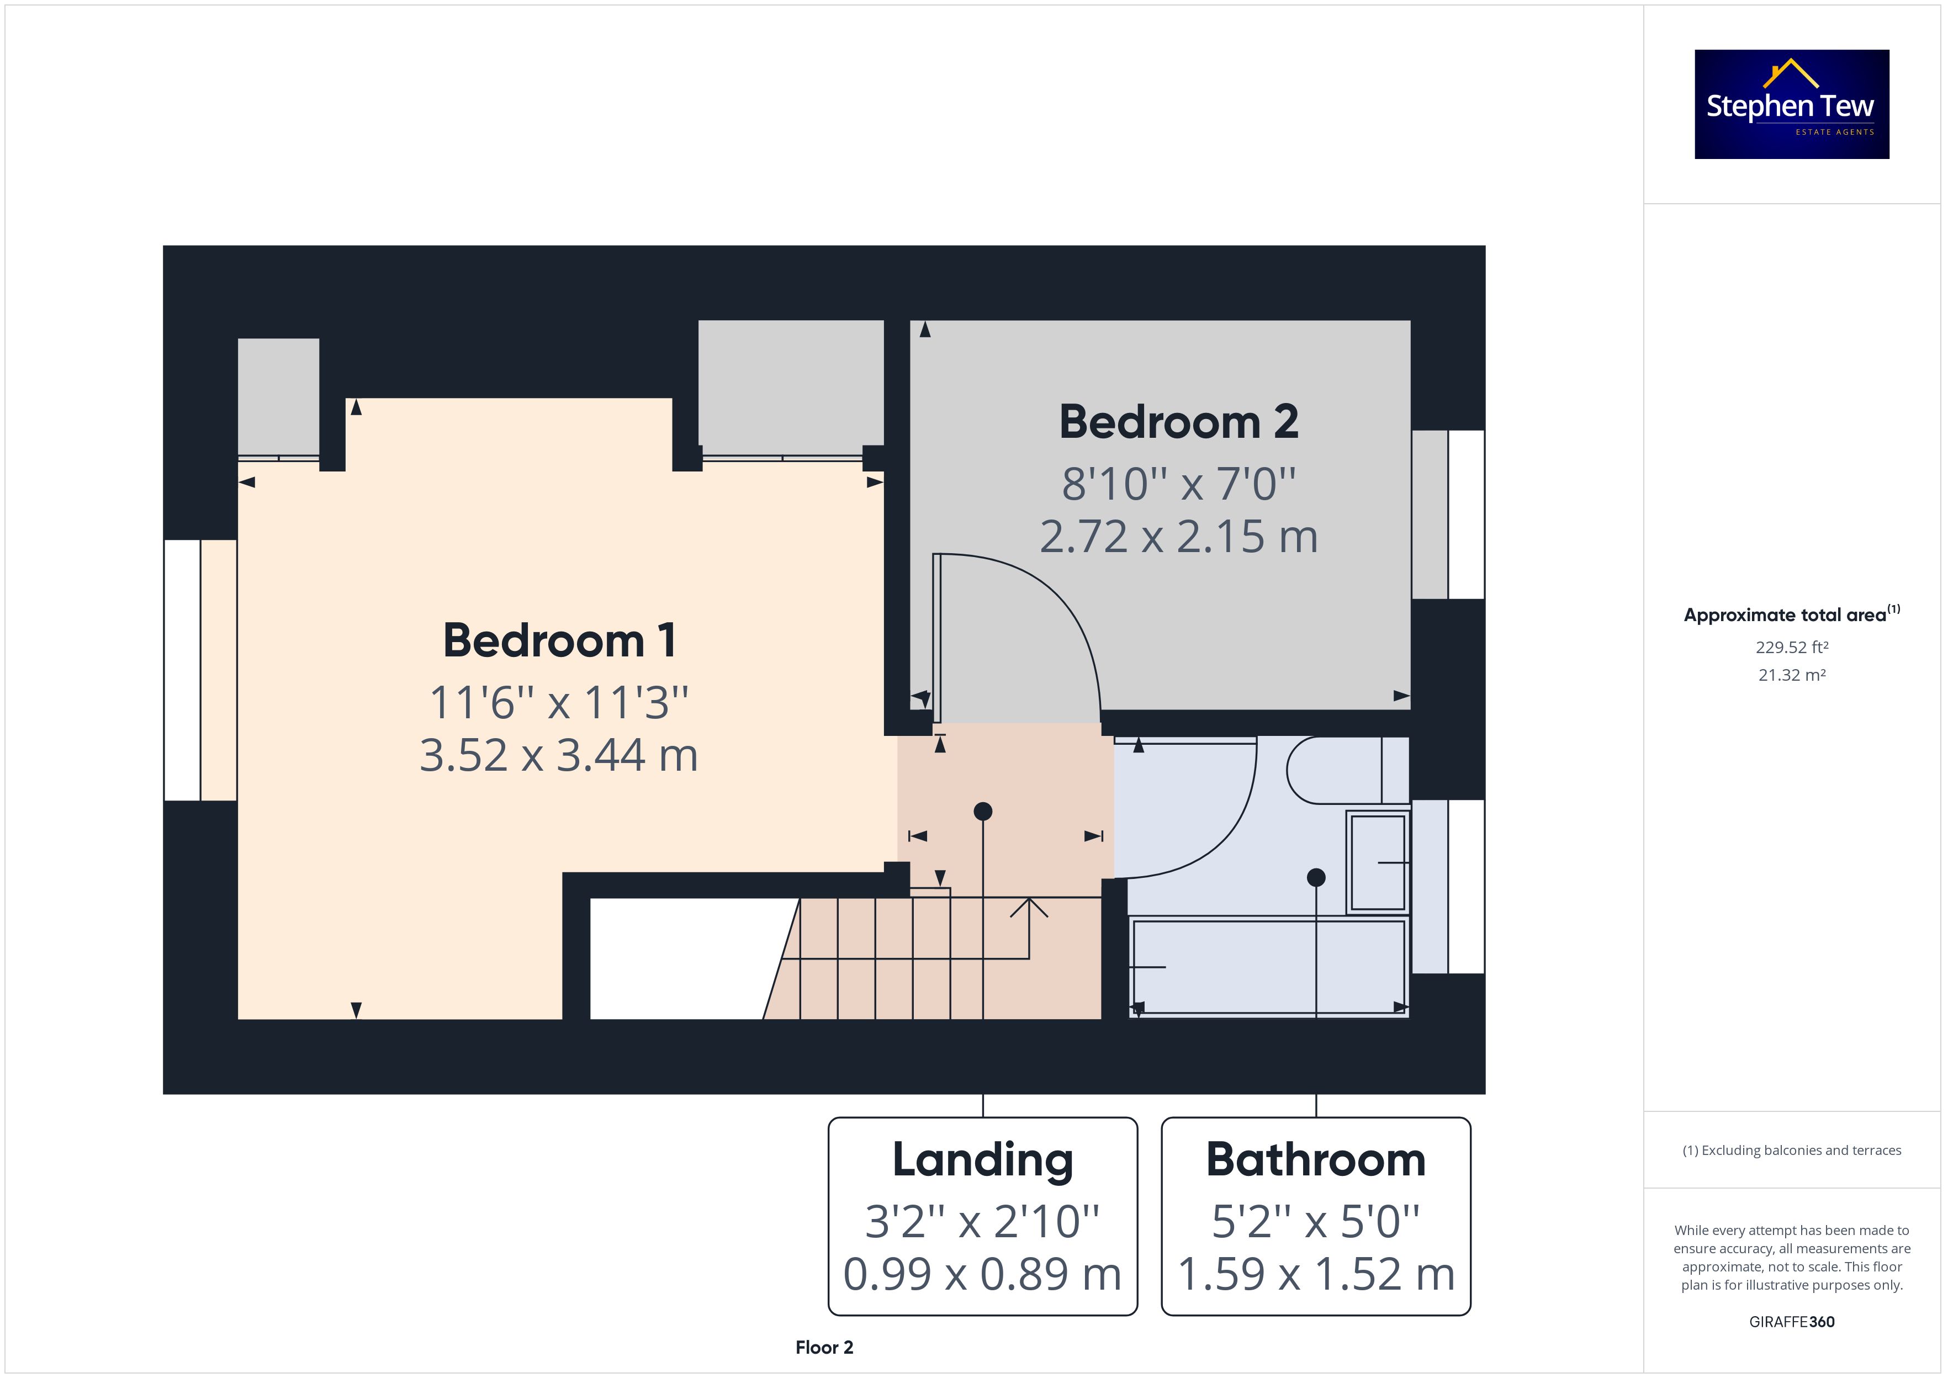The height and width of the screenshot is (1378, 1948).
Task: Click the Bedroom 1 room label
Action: tap(559, 640)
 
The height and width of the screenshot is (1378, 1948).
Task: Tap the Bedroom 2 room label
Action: tap(1178, 422)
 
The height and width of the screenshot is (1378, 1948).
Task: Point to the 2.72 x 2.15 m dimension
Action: tap(1178, 536)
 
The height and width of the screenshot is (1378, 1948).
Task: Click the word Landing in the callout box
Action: tap(982, 1160)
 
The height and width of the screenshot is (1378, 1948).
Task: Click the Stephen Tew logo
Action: tap(1792, 104)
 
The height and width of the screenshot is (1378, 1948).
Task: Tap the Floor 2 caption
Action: tap(824, 1348)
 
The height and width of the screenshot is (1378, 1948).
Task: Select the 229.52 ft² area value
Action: tap(1792, 648)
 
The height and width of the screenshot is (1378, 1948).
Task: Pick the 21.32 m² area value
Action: tap(1792, 675)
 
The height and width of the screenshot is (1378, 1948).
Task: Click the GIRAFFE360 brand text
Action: tap(1792, 1322)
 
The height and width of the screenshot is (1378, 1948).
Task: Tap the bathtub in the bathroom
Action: tap(1268, 967)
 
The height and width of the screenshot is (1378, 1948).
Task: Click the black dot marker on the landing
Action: tap(982, 811)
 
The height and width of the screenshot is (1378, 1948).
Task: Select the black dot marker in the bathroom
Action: tap(1316, 877)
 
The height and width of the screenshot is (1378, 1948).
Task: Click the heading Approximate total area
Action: tap(1792, 615)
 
